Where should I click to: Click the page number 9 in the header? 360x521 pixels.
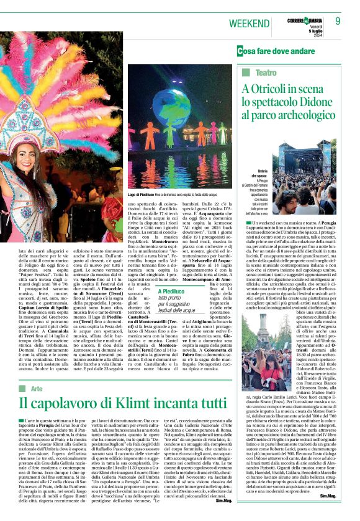[x=338, y=21]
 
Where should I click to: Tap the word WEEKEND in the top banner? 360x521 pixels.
[x=250, y=23]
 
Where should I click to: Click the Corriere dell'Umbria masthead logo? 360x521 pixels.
[x=305, y=22]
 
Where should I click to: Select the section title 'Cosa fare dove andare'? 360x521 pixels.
[x=275, y=50]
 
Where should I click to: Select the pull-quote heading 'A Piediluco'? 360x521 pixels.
[x=174, y=291]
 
